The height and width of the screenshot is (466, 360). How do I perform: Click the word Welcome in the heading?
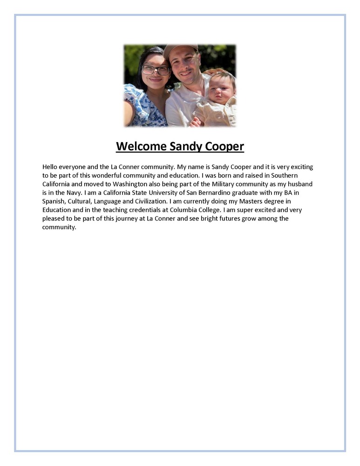click(x=141, y=146)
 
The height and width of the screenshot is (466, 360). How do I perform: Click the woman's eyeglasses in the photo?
click(x=156, y=70)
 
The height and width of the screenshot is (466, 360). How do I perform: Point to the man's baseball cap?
click(x=180, y=48)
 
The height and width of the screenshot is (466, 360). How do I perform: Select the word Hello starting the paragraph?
click(x=51, y=166)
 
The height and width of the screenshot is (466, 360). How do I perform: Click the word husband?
click(x=299, y=184)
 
